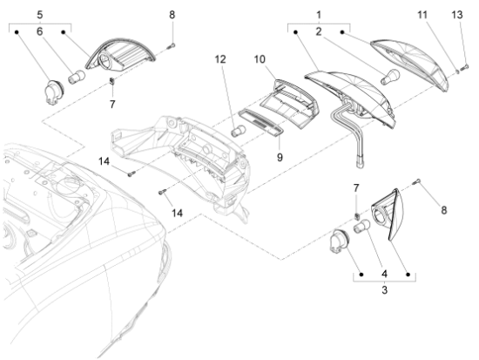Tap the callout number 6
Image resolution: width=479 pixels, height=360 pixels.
(37, 31)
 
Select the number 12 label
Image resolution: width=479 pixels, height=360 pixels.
(219, 59)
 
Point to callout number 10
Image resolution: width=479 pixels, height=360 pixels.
(260, 59)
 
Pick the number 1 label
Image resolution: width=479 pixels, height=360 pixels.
(319, 15)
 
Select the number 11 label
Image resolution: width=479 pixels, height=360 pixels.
(422, 16)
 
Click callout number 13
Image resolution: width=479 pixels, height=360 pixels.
(457, 16)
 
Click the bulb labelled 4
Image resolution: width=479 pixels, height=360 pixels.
(361, 228)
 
